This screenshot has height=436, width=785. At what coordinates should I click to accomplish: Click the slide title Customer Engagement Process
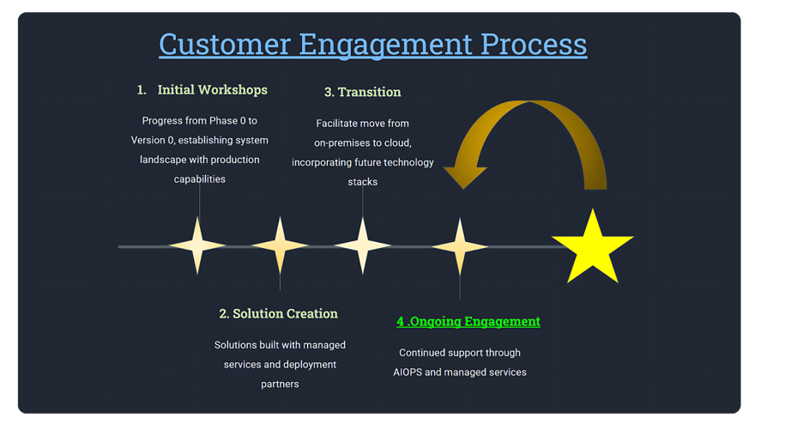(373, 44)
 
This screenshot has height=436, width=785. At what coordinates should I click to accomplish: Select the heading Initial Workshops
(212, 89)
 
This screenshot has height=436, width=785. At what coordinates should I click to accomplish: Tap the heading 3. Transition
(362, 92)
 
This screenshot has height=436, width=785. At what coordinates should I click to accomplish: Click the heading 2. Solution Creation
(278, 313)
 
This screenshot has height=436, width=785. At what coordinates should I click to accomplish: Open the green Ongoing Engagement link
(468, 321)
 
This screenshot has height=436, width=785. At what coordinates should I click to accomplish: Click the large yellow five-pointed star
(593, 248)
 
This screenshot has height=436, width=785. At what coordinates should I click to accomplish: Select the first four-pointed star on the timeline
(198, 245)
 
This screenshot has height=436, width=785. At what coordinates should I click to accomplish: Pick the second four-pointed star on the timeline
(280, 245)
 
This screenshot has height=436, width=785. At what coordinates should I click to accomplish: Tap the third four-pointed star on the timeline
(362, 245)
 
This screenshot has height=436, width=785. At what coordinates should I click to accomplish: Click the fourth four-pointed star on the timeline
(460, 246)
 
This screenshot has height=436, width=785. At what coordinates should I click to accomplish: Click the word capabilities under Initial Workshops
(199, 179)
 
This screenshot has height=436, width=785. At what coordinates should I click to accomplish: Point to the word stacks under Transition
(362, 182)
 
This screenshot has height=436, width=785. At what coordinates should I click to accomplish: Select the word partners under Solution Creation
(280, 384)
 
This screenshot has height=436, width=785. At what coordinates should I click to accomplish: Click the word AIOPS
(408, 372)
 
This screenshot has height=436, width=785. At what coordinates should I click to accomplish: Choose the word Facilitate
(335, 123)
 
